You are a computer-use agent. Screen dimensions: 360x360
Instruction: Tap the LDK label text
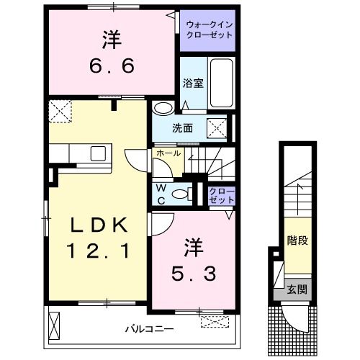pyautogui.click(x=99, y=226)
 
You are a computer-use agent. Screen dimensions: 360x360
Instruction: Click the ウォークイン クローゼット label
pyautogui.click(x=210, y=29)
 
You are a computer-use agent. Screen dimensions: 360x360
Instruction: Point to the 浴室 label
pyautogui.click(x=193, y=82)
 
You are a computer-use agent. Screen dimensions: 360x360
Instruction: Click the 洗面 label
pyautogui.click(x=182, y=128)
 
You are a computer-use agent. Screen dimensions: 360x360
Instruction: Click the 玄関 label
pyautogui.click(x=297, y=290)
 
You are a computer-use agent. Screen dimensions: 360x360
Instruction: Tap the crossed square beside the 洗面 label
pyautogui.click(x=217, y=128)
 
